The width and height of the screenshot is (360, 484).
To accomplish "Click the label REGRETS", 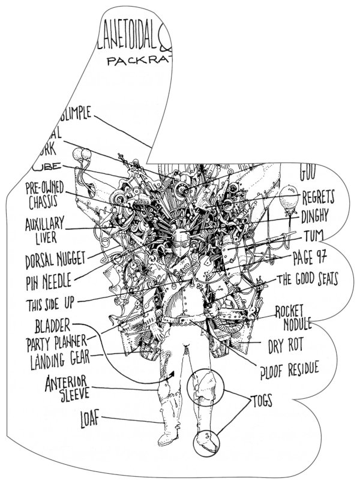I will click(x=318, y=197).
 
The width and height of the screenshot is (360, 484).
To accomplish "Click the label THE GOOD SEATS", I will click(x=306, y=279).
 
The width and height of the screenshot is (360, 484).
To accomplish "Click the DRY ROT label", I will click(x=286, y=345).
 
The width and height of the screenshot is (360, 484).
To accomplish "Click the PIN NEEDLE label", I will click(x=50, y=280).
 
